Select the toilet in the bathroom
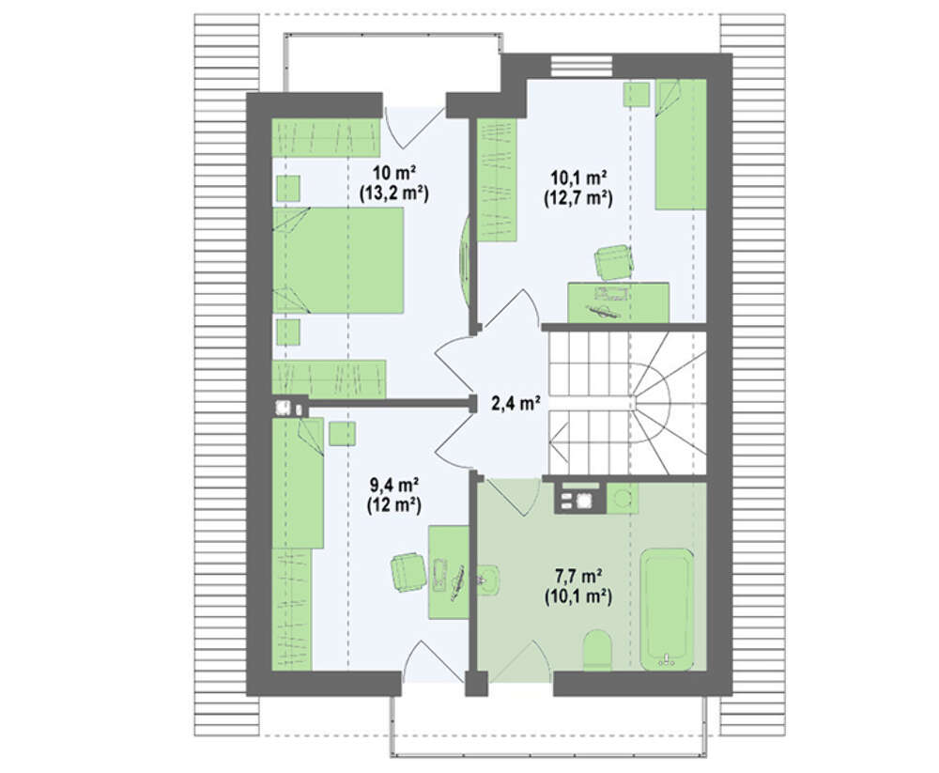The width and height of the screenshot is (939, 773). tap(597, 650)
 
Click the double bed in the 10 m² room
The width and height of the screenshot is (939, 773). tap(338, 260)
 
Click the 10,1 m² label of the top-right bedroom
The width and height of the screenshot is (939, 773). tap(578, 177)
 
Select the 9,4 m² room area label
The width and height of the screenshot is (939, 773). tap(393, 484)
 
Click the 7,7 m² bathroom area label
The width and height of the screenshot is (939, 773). tap(577, 576)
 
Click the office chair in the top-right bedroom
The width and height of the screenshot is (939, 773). tap(614, 262)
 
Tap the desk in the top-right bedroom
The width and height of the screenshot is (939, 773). tap(618, 302)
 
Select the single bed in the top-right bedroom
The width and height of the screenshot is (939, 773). tap(681, 145)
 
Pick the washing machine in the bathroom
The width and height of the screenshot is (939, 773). tap(623, 498)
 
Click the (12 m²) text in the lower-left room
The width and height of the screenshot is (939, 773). tap(393, 505)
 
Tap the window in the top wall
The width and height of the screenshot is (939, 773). tap(581, 66)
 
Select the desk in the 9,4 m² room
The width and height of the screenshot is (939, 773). tap(449, 572)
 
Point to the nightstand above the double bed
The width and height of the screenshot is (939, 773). tap(288, 188)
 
